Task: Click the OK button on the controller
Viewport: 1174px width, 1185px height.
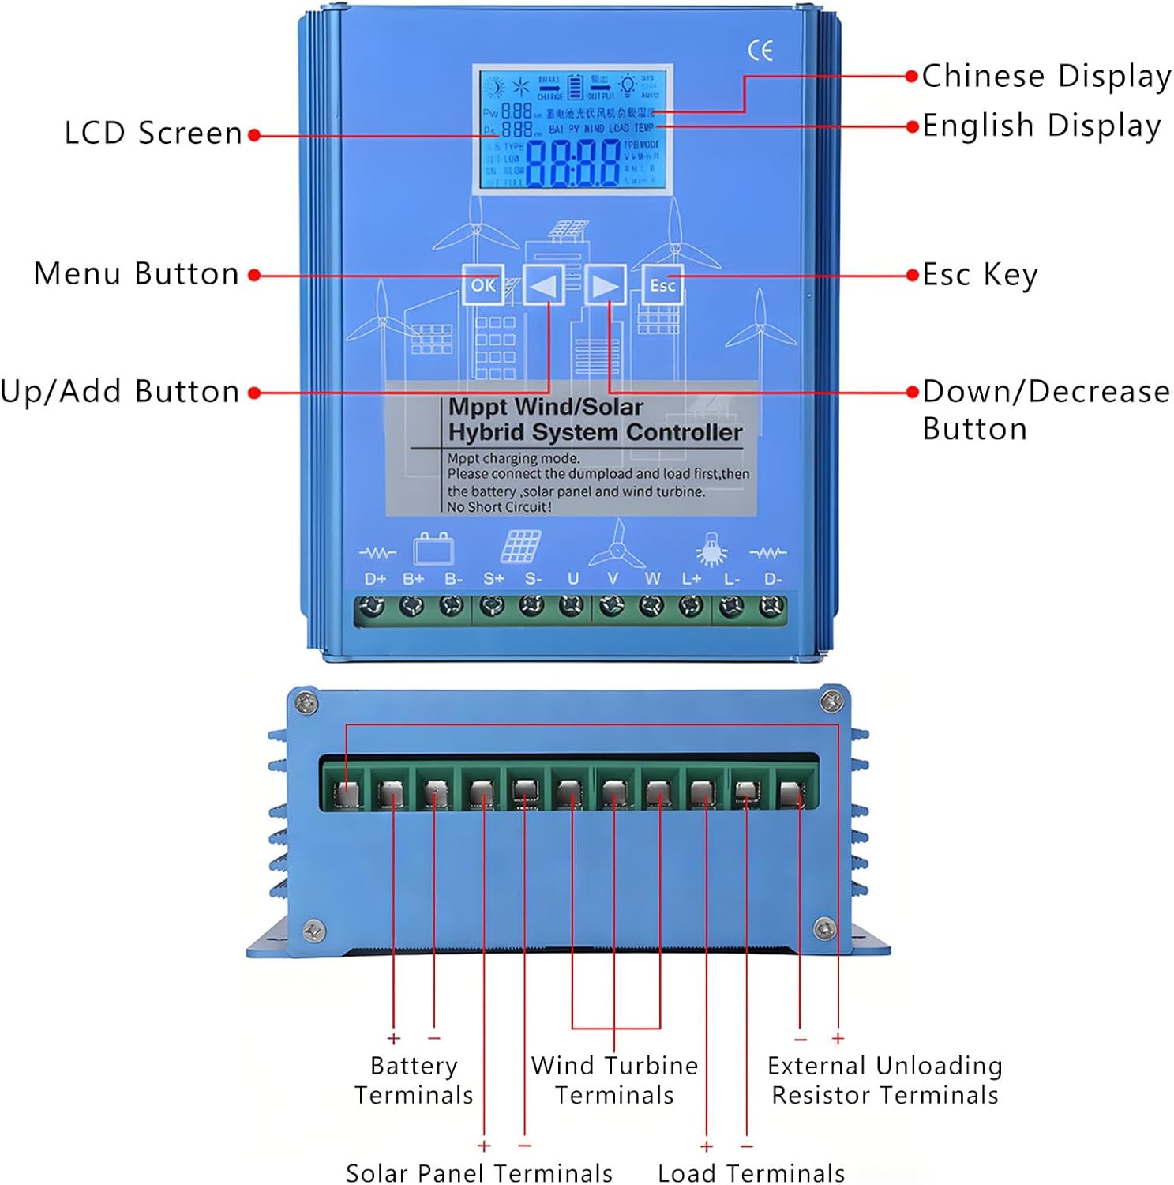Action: pyautogui.click(x=482, y=285)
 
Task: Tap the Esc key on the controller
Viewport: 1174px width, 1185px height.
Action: pyautogui.click(x=662, y=285)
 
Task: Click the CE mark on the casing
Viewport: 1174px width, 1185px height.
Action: pyautogui.click(x=760, y=51)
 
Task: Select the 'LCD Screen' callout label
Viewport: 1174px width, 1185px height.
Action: pyautogui.click(x=153, y=134)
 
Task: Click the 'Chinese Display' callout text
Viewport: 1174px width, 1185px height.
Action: pyautogui.click(x=1046, y=77)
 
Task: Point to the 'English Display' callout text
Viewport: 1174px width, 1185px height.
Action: pyautogui.click(x=1041, y=126)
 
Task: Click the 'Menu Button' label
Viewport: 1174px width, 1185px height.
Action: pyautogui.click(x=136, y=274)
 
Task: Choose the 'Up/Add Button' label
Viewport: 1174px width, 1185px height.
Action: pyautogui.click(x=120, y=392)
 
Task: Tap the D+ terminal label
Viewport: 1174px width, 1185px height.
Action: pyautogui.click(x=375, y=579)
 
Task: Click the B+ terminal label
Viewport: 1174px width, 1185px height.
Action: pyautogui.click(x=414, y=579)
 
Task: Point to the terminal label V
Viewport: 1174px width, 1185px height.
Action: pyautogui.click(x=613, y=579)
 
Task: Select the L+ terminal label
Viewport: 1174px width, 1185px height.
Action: pyautogui.click(x=692, y=579)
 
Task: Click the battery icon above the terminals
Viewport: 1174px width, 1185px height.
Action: pyautogui.click(x=433, y=547)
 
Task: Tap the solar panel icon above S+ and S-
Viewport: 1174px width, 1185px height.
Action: pyautogui.click(x=520, y=546)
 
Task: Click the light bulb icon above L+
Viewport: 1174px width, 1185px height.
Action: pyautogui.click(x=711, y=549)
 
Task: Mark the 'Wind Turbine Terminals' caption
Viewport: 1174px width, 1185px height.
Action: pyautogui.click(x=614, y=1080)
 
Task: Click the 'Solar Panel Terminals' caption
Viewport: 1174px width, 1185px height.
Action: pyautogui.click(x=479, y=1173)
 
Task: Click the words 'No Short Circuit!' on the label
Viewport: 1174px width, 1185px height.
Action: pyautogui.click(x=499, y=507)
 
